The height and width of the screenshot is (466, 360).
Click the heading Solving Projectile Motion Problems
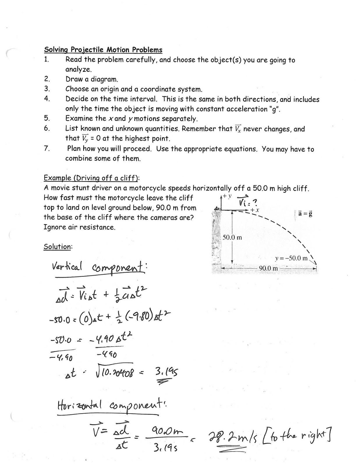(x=103, y=50)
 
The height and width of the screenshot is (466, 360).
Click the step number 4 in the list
(x=47, y=99)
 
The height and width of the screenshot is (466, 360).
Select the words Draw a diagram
(x=92, y=79)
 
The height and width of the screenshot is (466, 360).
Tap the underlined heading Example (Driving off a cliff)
(x=91, y=178)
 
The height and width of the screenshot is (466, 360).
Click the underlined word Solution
(x=58, y=247)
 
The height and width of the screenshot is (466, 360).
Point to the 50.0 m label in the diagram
(x=232, y=237)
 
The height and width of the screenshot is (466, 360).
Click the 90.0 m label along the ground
(x=268, y=268)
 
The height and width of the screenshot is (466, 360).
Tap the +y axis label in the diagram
(x=227, y=196)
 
